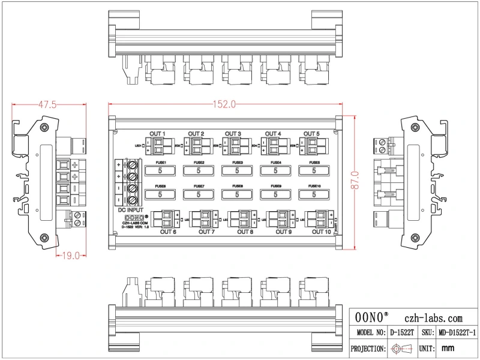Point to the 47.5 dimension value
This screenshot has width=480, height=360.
point(47,104)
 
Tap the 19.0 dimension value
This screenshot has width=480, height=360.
point(71,256)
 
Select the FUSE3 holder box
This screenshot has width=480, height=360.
point(236,170)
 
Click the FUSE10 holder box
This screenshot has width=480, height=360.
point(314,194)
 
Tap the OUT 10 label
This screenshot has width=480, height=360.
point(321,231)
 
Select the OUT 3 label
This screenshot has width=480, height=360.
point(233,133)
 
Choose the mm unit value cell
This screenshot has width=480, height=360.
point(447,348)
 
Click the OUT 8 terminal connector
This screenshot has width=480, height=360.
point(245,219)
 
